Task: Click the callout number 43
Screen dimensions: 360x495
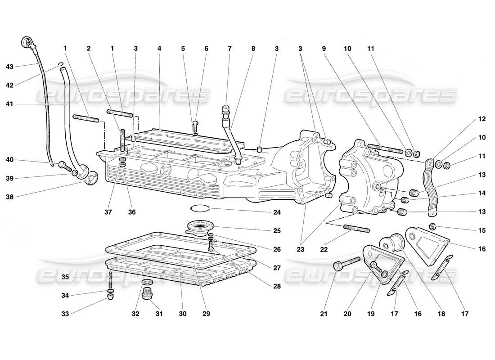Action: [x=9, y=66]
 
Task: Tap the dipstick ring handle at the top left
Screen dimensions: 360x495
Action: [x=27, y=43]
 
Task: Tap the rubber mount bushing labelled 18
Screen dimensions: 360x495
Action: [x=392, y=242]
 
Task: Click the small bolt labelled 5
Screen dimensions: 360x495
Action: [x=195, y=126]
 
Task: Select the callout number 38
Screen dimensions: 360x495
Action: [x=9, y=196]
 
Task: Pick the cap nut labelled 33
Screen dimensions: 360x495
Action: [x=111, y=298]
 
